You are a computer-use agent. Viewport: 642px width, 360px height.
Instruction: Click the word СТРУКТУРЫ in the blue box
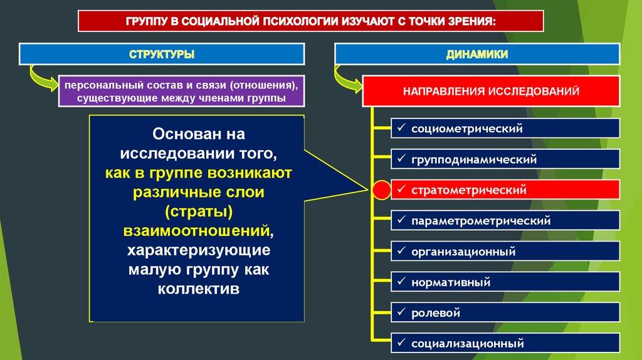coord(162,55)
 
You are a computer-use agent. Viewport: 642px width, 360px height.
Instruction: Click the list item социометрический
coord(505,129)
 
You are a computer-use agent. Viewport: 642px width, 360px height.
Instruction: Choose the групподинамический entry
coord(505,159)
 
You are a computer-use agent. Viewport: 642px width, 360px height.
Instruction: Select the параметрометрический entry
coord(505,220)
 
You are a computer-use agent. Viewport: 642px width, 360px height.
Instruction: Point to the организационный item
coord(505,251)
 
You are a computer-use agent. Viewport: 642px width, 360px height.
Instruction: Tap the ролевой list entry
coord(505,312)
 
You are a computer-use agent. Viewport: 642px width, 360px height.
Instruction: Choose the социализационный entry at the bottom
coord(505,343)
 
